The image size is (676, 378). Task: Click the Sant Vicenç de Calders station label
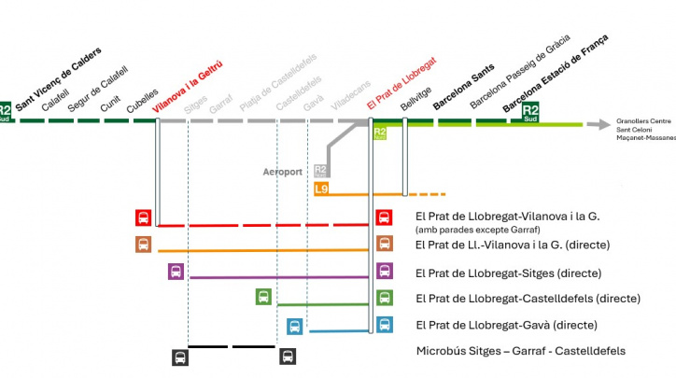pyautogui.click(x=58, y=72)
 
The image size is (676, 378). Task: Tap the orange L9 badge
pyautogui.click(x=321, y=189)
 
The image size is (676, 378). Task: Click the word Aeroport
pyautogui.click(x=282, y=172)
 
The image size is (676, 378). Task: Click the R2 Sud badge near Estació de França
pyautogui.click(x=530, y=113)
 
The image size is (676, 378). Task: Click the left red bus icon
pyautogui.click(x=143, y=218)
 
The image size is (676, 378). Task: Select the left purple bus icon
pyautogui.click(x=176, y=272)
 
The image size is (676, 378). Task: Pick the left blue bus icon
pyautogui.click(x=295, y=327)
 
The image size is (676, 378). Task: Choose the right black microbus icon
pyautogui.click(x=288, y=357)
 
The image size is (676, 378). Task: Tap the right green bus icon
pyautogui.click(x=384, y=297)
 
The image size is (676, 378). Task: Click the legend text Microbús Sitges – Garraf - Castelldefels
pyautogui.click(x=520, y=351)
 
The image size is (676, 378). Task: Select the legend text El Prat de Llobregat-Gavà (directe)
pyautogui.click(x=514, y=325)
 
